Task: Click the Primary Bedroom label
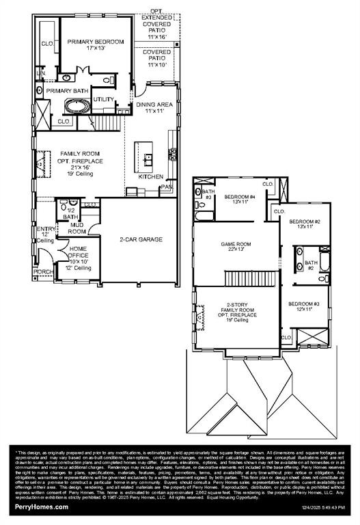click(96, 42)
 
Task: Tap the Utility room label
click(104, 99)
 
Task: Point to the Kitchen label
click(151, 176)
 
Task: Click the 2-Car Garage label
click(140, 239)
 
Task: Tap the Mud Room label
click(77, 228)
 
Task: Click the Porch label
click(42, 271)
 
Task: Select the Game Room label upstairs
click(235, 244)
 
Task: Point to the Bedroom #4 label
click(239, 197)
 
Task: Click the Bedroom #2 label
click(305, 222)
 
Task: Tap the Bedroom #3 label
click(303, 304)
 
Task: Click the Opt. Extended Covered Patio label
click(156, 24)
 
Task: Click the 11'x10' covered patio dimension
click(156, 64)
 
